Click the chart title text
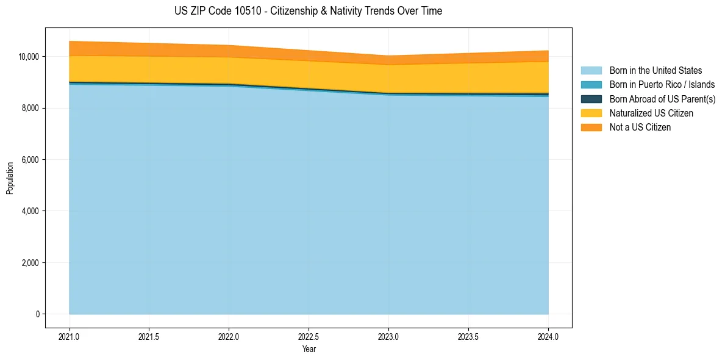coord(308,11)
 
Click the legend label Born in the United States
coord(655,71)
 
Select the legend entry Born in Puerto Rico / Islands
coord(662,85)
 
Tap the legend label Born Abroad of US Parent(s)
coord(662,99)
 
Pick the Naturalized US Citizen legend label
coord(651,113)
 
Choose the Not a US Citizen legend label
coord(640,128)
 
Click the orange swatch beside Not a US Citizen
coord(591,128)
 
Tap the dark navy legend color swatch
coord(591,99)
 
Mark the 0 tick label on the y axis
coord(38,314)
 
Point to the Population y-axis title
coord(10,178)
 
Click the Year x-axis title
coord(309,349)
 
